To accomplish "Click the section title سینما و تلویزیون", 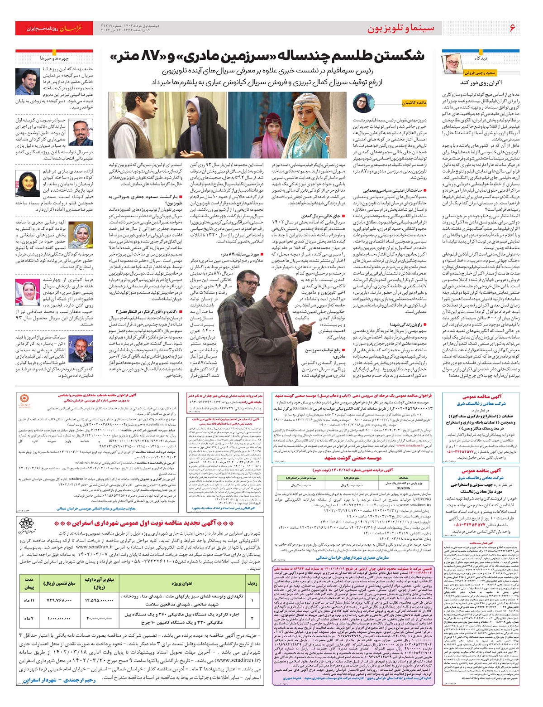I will tap(400, 28).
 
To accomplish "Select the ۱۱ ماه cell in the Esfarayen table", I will tap(29, 600).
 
